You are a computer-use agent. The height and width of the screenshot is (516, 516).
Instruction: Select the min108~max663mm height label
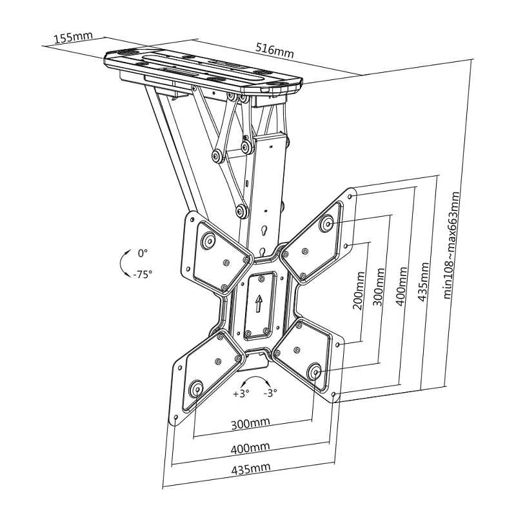454,245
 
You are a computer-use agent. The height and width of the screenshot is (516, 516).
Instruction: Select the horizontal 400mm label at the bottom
251,447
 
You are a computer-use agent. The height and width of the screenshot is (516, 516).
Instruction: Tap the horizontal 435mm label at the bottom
251,468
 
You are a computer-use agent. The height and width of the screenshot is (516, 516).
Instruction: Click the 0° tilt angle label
143,252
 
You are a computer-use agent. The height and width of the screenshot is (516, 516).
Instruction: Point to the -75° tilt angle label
143,273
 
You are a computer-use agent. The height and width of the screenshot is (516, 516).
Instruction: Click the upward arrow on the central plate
259,303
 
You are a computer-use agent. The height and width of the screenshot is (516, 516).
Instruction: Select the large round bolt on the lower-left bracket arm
195,389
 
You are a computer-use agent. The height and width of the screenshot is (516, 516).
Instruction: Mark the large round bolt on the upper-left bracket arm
208,241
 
